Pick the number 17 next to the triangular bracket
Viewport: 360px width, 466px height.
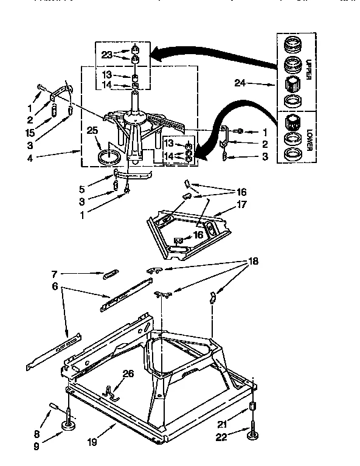[241, 205]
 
